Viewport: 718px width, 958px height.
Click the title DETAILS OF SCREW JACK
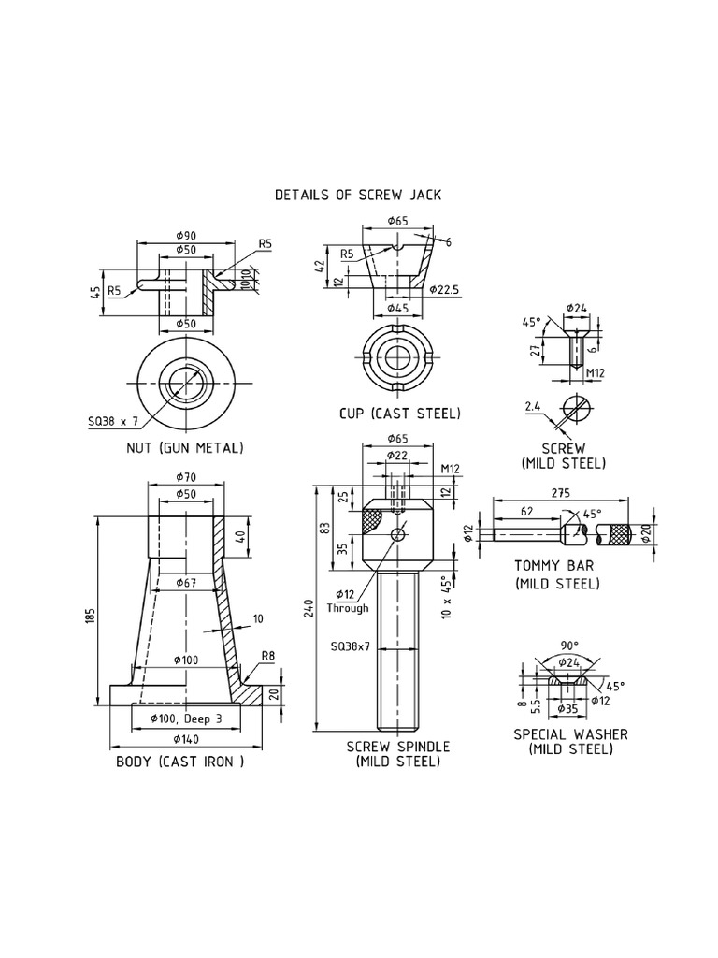tap(357, 196)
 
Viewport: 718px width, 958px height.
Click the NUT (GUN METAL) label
tap(185, 448)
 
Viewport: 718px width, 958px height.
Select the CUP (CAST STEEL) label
tap(400, 413)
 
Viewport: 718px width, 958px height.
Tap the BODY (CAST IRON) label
tap(179, 762)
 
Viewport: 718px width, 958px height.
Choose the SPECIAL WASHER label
tap(570, 734)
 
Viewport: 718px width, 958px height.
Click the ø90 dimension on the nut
tap(185, 235)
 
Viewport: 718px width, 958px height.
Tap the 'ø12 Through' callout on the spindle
tap(342, 600)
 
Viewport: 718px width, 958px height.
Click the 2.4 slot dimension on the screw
tap(533, 407)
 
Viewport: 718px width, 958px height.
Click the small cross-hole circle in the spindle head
tap(399, 534)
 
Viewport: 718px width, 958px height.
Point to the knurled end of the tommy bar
tap(618, 535)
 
